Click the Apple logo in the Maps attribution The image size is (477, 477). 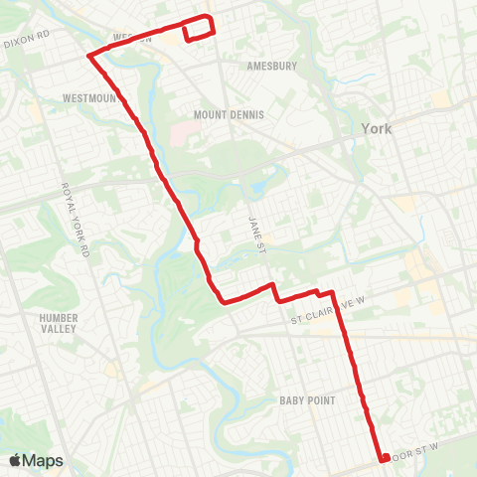coord(15,461)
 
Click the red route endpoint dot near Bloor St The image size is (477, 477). coord(384,458)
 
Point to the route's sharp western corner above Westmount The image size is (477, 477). coord(89,56)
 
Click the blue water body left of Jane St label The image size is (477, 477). coord(243,189)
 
